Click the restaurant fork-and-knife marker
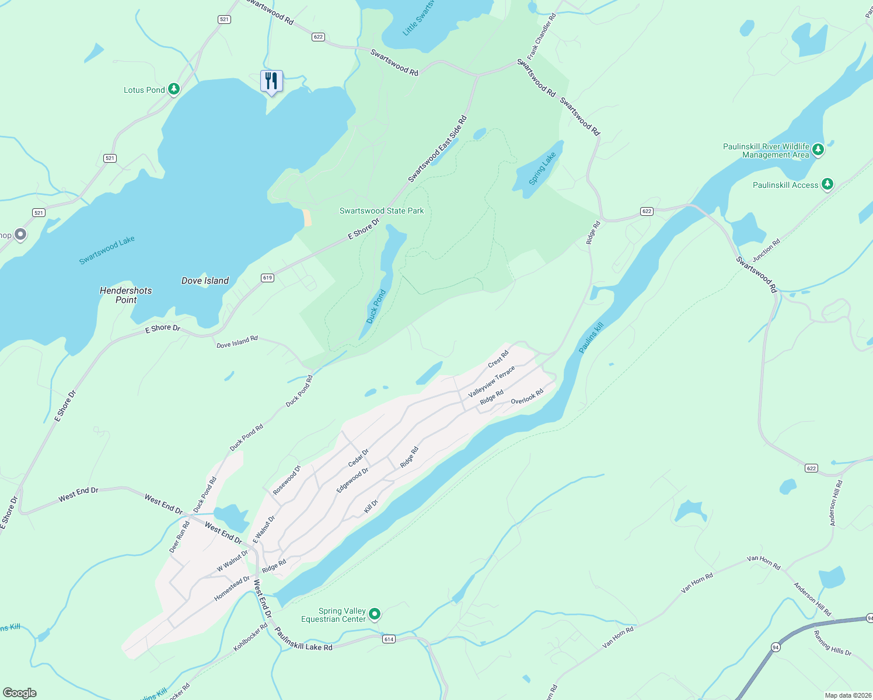click(x=271, y=80)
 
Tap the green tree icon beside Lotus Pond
click(x=173, y=89)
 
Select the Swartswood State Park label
click(x=382, y=211)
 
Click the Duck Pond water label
click(x=376, y=306)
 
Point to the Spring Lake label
click(x=542, y=169)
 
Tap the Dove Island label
click(x=205, y=281)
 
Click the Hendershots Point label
click(x=125, y=295)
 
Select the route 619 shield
click(x=267, y=278)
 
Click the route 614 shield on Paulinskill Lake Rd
click(x=389, y=639)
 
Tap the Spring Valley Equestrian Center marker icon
click(x=375, y=614)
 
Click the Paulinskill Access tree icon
click(x=827, y=184)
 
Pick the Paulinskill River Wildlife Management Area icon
click(x=818, y=150)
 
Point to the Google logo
click(x=20, y=692)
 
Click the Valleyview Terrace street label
click(x=491, y=382)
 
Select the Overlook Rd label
click(x=527, y=397)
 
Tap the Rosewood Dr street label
click(x=287, y=480)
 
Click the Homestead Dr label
click(x=232, y=589)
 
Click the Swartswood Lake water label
click(x=107, y=250)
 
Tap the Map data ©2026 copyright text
click(x=847, y=695)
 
